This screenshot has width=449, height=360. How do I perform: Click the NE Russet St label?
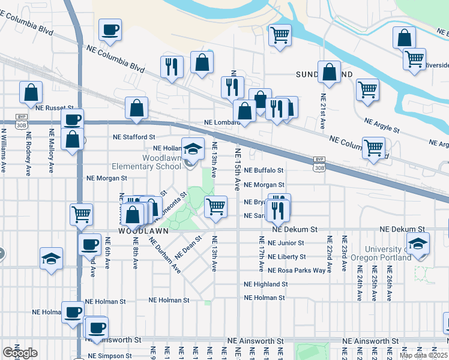pos(54,109)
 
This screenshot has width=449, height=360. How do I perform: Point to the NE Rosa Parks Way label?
pos(297,271)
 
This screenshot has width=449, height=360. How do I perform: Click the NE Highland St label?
pos(265,284)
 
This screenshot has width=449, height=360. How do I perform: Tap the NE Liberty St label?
pos(286,257)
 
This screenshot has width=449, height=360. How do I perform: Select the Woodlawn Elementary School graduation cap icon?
pos(193,148)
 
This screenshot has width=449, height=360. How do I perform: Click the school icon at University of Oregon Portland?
pos(418,242)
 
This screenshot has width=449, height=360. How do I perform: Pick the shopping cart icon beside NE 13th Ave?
pos(215,206)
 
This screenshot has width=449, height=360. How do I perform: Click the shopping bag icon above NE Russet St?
pos(31,92)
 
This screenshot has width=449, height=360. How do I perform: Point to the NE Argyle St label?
pos(382,125)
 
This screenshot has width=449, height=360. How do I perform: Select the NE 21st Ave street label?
pos(323,109)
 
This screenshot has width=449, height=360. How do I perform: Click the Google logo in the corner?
pos(20,352)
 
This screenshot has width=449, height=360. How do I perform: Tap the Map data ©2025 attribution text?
pos(423,355)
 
